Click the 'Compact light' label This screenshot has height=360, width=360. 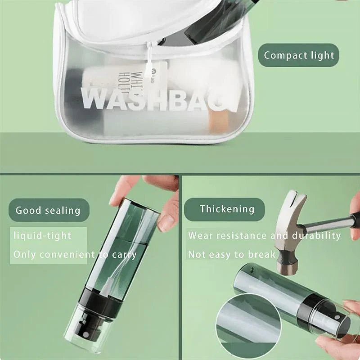click(298, 55)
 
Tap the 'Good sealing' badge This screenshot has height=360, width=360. click(48, 210)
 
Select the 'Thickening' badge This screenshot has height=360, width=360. click(227, 209)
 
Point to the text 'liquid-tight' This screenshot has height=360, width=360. click(42, 235)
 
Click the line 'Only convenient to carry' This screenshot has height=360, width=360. click(75, 254)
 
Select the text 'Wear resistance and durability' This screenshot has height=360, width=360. click(264, 235)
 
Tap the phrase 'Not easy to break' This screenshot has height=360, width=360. click(231, 254)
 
